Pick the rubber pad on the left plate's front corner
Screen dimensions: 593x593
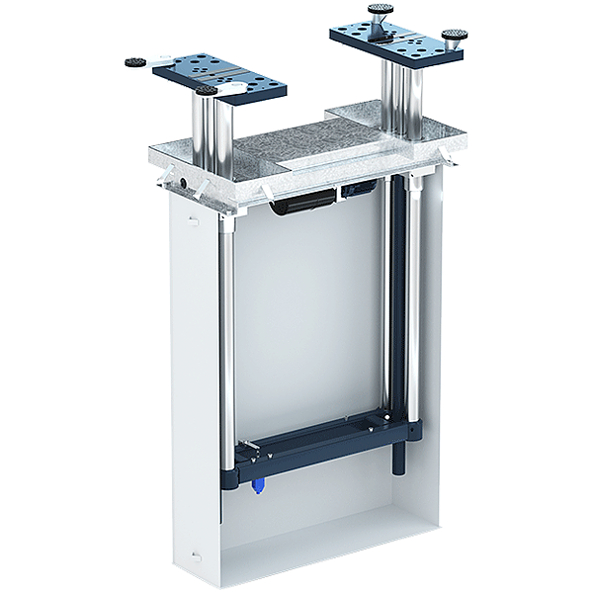pyautogui.click(x=207, y=91)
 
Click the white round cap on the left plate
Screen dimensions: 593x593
pyautogui.click(x=236, y=95)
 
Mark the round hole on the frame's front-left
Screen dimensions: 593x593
pyautogui.click(x=183, y=185)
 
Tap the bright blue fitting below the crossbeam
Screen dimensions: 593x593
pyautogui.click(x=259, y=485)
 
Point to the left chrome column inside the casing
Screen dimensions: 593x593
pyautogui.click(x=225, y=336)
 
